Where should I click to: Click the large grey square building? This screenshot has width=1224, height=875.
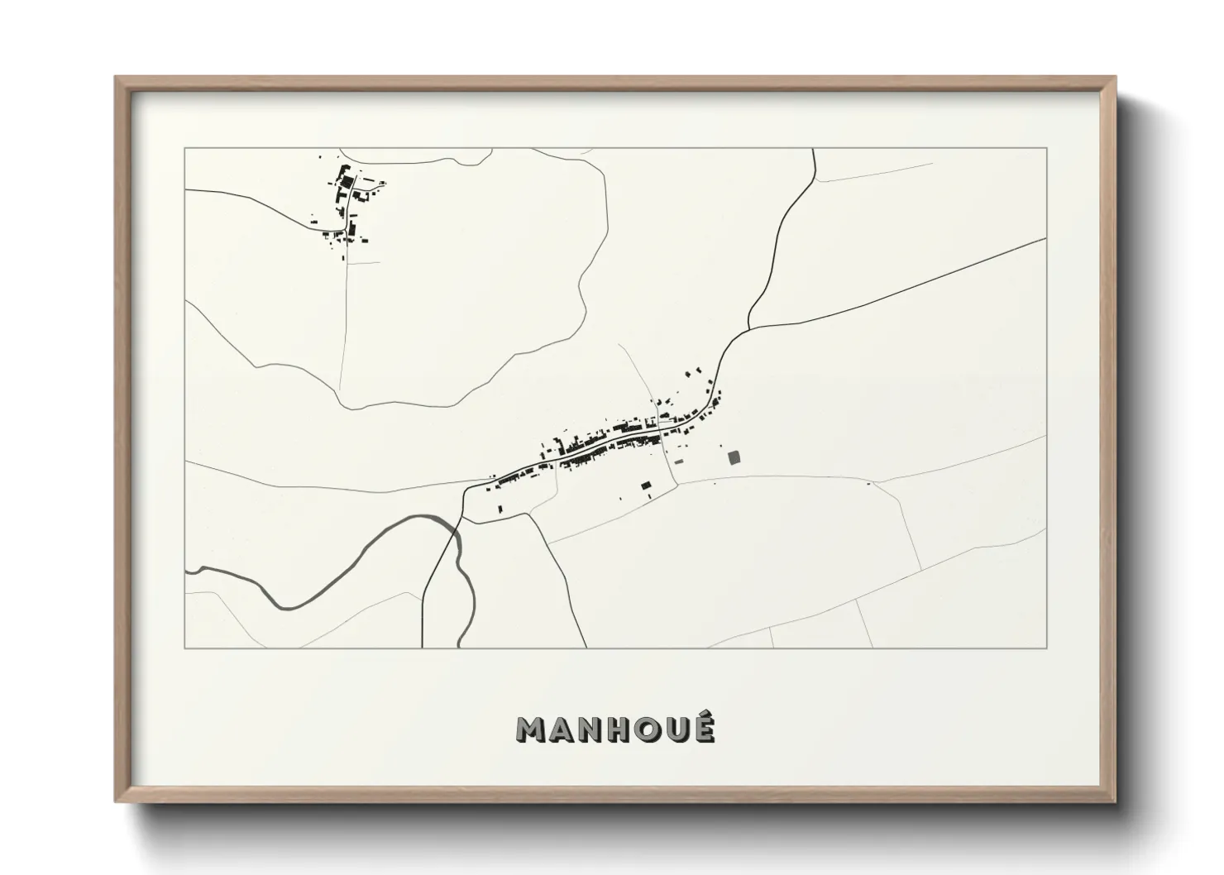(x=734, y=457)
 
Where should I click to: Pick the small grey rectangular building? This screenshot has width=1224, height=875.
(x=680, y=461)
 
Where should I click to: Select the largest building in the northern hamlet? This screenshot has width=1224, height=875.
(x=348, y=180)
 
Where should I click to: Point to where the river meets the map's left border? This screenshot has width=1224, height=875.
(x=187, y=570)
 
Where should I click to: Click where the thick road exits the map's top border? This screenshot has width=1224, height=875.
(x=814, y=150)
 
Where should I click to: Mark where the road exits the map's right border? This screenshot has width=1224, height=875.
(x=1046, y=239)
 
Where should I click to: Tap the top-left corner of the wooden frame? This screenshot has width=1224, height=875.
(x=117, y=79)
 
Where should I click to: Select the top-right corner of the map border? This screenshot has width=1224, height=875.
(x=1047, y=148)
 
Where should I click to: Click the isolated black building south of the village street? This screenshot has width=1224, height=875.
(x=647, y=485)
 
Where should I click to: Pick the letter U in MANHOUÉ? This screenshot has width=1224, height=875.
(x=674, y=729)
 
